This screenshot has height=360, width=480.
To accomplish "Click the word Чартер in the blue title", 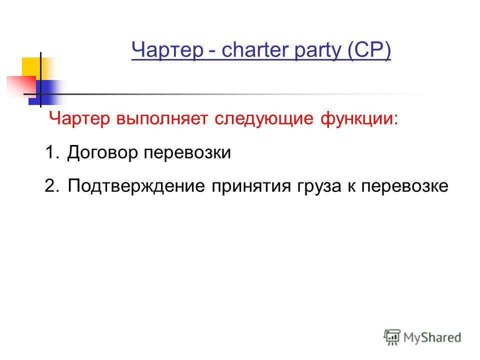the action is point(167,49).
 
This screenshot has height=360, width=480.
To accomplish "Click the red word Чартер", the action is point(79,118).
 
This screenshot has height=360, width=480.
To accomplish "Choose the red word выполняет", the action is point(162,119).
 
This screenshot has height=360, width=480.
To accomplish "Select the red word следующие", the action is point(264,119).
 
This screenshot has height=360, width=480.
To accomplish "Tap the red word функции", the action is point(359,118).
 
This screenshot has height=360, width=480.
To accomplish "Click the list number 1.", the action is point(51,152).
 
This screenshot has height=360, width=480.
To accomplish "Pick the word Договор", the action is point(102,152).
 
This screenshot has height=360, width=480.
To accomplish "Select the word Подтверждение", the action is point(136,186).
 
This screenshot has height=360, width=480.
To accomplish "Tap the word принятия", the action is point(251,186).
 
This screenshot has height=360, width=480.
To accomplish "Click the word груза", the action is point(318,186).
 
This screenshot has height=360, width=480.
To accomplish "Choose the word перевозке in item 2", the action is point(404,186).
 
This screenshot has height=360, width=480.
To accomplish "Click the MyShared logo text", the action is point(432,337).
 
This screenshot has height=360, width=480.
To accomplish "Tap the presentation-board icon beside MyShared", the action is point(392,337).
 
